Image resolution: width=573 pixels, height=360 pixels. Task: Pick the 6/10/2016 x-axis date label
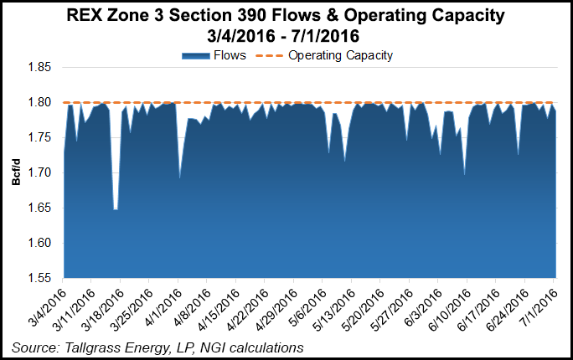450,305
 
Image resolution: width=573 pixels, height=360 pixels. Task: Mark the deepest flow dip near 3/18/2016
115,209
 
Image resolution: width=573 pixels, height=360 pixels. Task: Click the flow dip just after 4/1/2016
179,177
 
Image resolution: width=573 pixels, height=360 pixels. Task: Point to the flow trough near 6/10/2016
464,175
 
